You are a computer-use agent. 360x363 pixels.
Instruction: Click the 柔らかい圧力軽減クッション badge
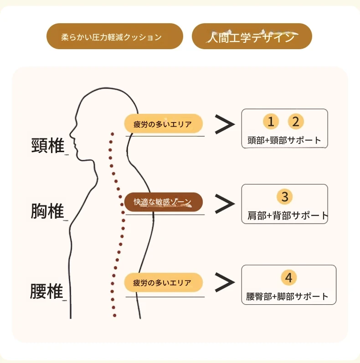(114, 36)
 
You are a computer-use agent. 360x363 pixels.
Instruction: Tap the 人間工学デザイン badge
(252, 36)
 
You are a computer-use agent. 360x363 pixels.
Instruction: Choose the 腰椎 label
(46, 291)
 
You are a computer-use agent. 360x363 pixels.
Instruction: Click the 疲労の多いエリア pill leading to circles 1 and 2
(163, 123)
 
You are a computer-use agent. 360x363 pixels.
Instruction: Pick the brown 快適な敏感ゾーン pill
(163, 201)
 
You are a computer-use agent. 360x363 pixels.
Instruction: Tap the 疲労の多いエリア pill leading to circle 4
(163, 282)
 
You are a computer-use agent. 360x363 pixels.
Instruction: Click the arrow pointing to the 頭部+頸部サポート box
(224, 124)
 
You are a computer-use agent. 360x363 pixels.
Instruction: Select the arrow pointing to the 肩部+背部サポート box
(224, 204)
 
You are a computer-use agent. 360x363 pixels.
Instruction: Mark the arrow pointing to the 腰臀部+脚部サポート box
(224, 283)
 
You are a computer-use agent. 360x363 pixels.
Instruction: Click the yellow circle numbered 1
(271, 122)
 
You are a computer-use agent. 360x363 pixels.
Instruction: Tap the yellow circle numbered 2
(296, 122)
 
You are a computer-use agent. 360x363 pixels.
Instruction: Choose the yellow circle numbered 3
(285, 197)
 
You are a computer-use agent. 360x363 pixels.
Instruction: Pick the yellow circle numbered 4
(289, 277)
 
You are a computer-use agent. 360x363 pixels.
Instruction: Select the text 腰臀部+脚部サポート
(287, 297)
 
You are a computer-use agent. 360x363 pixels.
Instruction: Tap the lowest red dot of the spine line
(114, 315)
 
